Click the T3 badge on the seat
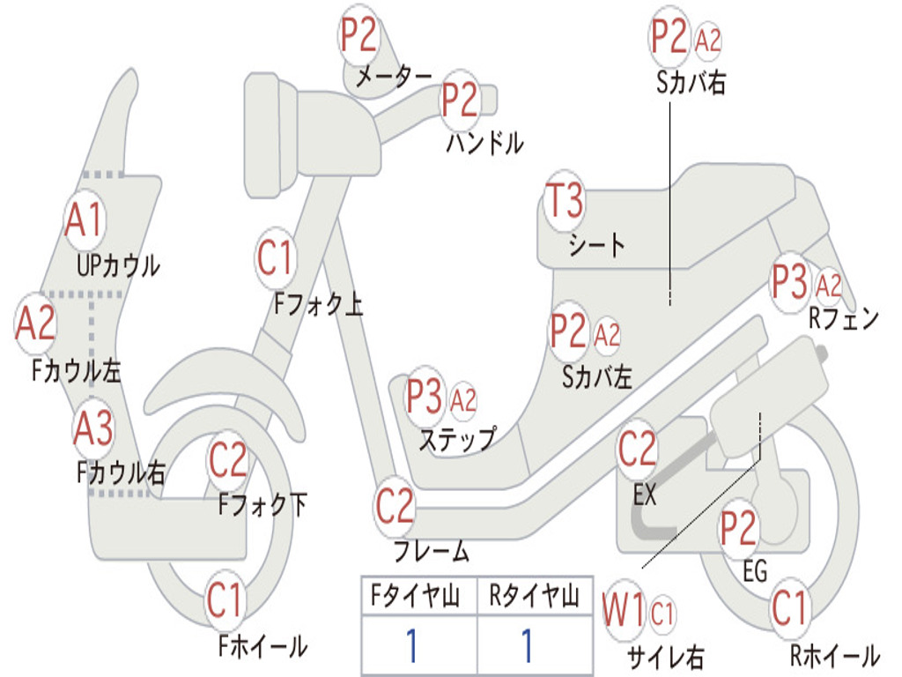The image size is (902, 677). [565, 202]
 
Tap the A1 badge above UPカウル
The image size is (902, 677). [85, 219]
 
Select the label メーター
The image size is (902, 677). [394, 78]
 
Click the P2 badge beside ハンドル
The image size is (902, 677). [460, 100]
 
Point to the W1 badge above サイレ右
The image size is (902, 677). [624, 611]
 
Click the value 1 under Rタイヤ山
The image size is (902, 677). [527, 646]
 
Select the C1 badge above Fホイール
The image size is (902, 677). [225, 601]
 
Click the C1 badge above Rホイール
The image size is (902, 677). [789, 608]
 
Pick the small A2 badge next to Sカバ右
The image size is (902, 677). [708, 40]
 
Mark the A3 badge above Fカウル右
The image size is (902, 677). [93, 429]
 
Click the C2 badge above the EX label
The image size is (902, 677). [638, 450]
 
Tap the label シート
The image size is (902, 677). [596, 244]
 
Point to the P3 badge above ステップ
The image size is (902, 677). [425, 398]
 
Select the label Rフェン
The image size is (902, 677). [844, 319]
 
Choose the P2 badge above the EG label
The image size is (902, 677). [738, 528]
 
